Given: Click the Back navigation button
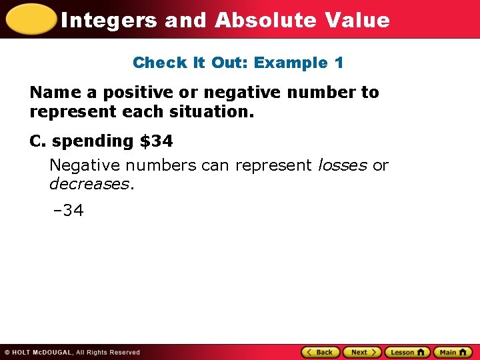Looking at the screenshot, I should tap(321, 352).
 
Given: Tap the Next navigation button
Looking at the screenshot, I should tap(362, 352).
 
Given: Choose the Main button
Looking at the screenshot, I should tap(452, 352).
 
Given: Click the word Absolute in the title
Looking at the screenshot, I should tap(265, 20).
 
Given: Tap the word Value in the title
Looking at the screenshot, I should tap(357, 20).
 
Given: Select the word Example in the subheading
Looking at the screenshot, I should tap(291, 63).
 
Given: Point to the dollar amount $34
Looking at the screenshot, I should tap(156, 141).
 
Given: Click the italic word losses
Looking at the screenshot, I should tap(342, 165).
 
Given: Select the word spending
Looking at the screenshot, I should tap(93, 141).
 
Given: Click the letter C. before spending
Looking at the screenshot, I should tap(37, 141).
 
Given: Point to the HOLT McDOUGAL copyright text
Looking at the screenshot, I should tap(72, 352).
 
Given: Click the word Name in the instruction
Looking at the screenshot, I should tap(55, 92).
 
